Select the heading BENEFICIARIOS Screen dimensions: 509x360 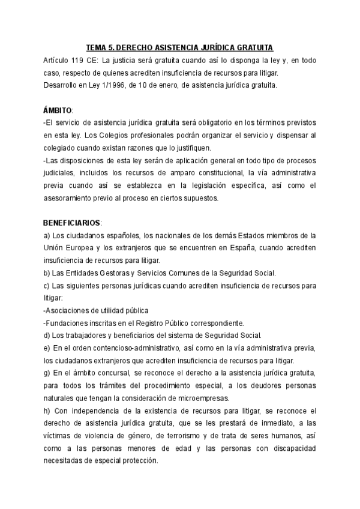coord(72,222)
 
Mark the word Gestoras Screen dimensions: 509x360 coord(116,272)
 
